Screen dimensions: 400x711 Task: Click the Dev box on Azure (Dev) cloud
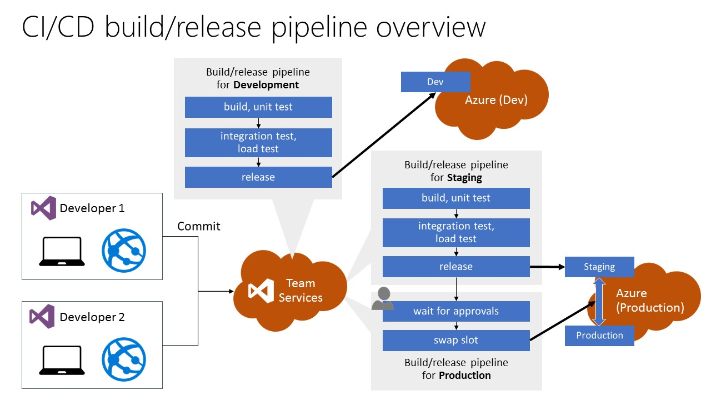pos(435,82)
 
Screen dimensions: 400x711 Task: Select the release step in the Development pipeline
pos(258,177)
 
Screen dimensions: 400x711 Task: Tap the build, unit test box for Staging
pos(456,198)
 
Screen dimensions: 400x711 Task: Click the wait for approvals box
pos(456,311)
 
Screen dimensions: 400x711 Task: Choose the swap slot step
pos(456,340)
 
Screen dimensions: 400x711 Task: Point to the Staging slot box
pos(599,267)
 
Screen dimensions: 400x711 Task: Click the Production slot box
pos(599,336)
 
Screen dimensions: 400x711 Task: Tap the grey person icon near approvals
pos(382,298)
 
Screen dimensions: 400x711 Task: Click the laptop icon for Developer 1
pos(62,252)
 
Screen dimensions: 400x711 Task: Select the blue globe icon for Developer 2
pos(124,359)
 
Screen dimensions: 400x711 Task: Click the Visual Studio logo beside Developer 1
pos(43,208)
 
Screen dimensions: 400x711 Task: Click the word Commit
pos(199,226)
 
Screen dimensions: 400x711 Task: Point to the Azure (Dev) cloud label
pos(496,100)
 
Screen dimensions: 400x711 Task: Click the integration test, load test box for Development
pos(258,143)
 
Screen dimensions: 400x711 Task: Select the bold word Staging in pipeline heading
pos(464,178)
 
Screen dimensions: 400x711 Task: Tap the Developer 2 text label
pos(92,317)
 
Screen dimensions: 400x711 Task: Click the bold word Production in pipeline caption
pos(465,376)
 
